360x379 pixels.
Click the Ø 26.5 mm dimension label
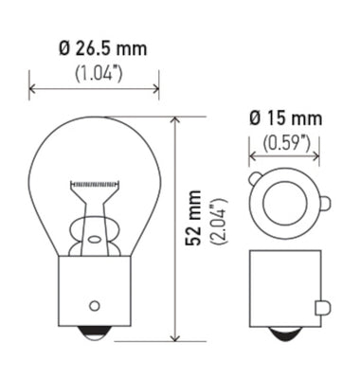coord(95,47)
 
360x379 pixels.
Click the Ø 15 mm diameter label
coord(284,119)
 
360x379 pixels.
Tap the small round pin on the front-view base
coord(94,305)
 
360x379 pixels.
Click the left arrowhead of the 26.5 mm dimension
coord(34,90)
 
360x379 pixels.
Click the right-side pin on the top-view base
coord(324,201)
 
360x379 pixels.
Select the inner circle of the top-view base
coord(284,202)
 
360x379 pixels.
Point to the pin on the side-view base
coord(323,306)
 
